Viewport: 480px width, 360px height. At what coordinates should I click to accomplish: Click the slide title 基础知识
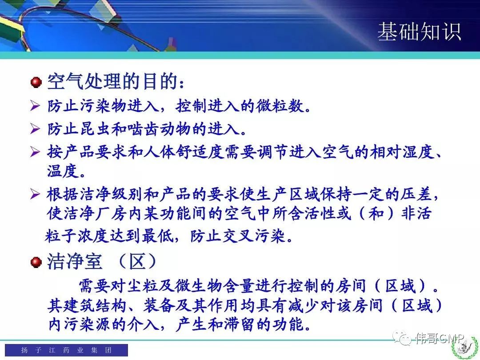pyautogui.click(x=420, y=32)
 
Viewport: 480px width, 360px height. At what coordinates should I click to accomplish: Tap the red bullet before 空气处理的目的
pyautogui.click(x=36, y=82)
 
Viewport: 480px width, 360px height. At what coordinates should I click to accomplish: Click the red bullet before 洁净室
pyautogui.click(x=36, y=262)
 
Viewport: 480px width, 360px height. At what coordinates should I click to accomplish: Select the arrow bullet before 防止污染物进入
pyautogui.click(x=35, y=106)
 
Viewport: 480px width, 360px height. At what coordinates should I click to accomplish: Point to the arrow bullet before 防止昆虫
pyautogui.click(x=35, y=129)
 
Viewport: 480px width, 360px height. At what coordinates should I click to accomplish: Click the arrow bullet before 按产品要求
pyautogui.click(x=35, y=152)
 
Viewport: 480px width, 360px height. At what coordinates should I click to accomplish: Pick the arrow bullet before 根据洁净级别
pyautogui.click(x=35, y=194)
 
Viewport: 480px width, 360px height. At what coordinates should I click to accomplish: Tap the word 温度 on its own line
pyautogui.click(x=63, y=171)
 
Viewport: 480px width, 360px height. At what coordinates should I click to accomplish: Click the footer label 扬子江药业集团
pyautogui.click(x=66, y=350)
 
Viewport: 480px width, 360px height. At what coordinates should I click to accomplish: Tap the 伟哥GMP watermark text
pyautogui.click(x=440, y=338)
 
